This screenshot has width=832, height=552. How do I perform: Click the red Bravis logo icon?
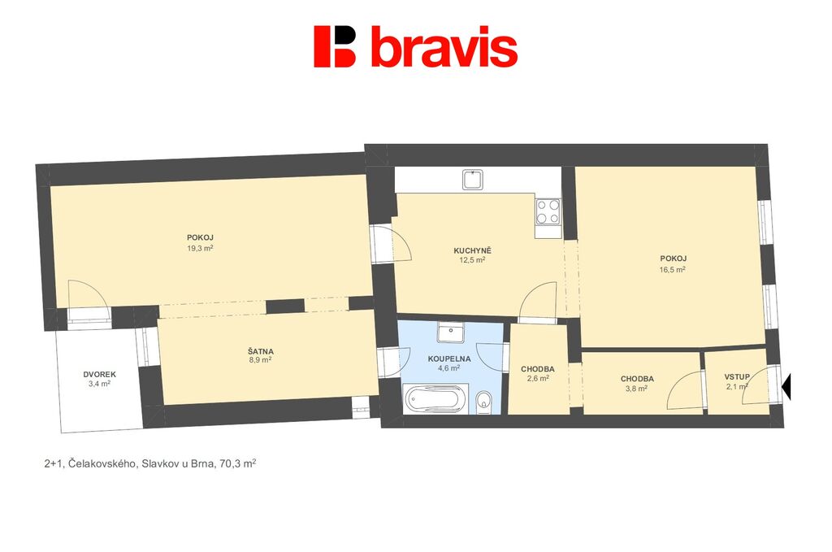tap(334, 46)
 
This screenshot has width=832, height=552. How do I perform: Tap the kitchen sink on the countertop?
tap(473, 180)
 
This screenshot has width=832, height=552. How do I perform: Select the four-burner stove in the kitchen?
tap(548, 211)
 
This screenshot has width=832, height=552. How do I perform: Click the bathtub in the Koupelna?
tap(436, 399)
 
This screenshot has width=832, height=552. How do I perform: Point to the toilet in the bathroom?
tap(484, 402)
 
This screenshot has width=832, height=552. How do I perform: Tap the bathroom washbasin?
tap(451, 332)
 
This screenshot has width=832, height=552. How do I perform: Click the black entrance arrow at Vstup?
tap(786, 386)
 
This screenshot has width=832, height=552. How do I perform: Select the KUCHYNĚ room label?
tap(472, 250)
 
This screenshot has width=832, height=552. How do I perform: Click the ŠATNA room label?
tap(261, 351)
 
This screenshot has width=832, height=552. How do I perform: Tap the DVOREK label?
tap(99, 374)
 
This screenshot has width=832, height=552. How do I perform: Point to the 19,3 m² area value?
tap(200, 248)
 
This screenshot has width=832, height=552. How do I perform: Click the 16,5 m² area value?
tap(672, 269)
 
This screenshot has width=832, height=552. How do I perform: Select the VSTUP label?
tap(737, 377)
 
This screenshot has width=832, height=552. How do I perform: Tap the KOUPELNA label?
tap(448, 359)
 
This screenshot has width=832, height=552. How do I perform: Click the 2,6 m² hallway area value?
tap(538, 379)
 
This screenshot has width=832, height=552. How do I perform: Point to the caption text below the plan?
tap(150, 463)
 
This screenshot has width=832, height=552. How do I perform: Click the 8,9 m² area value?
tap(260, 359)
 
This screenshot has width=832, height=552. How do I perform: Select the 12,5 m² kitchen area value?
tap(472, 260)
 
